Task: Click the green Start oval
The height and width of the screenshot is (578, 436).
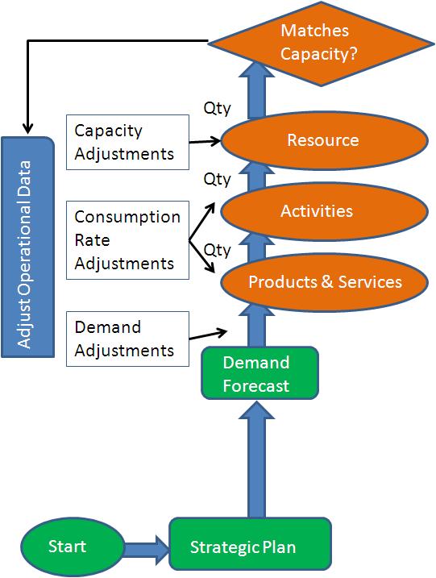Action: pos(68,547)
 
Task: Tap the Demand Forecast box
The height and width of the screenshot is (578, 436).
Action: pos(255,373)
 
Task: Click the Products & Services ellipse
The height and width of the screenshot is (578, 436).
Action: pos(324,282)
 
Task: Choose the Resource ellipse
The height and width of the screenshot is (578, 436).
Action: pos(322,140)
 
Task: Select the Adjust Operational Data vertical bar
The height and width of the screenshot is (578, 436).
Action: pos(25,247)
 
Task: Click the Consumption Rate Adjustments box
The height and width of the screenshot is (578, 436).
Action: pos(128,240)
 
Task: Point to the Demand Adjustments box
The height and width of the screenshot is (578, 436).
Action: pos(128,339)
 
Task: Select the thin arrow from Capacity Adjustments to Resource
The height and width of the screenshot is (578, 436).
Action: pos(206,140)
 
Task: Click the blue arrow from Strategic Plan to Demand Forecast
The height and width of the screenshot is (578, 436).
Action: pos(256,459)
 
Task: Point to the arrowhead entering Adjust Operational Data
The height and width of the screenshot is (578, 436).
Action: pos(27,128)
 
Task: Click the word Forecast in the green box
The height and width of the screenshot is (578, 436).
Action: pos(256,385)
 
